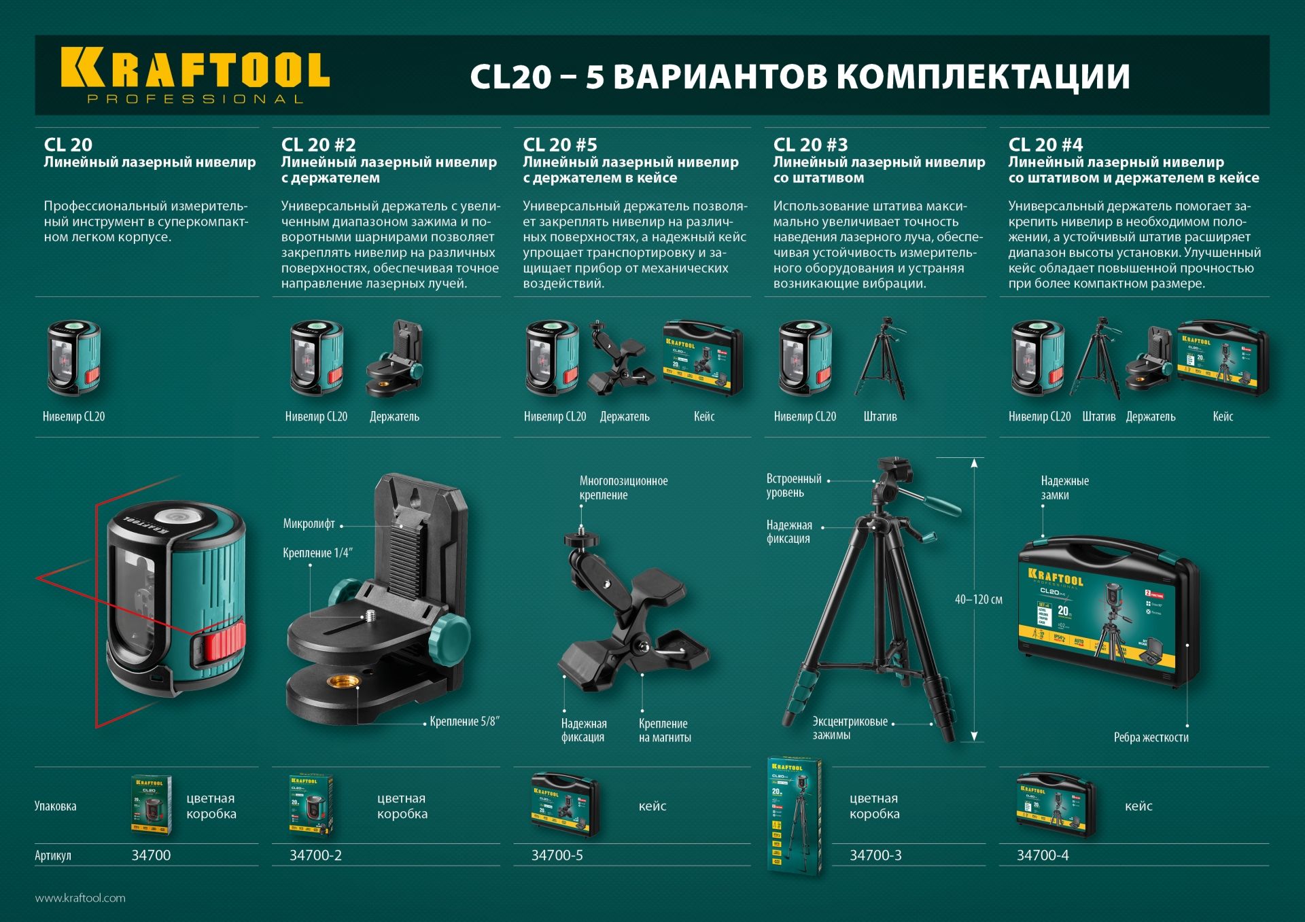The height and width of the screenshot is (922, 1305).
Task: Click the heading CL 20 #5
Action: point(559,145)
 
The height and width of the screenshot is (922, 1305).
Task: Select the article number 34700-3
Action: point(875,855)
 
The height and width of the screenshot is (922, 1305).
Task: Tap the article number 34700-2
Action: point(315,855)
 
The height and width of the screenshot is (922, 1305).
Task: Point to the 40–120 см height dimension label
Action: point(978,600)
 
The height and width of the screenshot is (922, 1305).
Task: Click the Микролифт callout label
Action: point(309,524)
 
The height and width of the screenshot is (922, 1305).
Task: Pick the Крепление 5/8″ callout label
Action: point(464,722)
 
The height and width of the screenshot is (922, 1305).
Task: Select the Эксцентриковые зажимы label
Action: point(850,728)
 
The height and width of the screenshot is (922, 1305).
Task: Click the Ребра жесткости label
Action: point(1151,737)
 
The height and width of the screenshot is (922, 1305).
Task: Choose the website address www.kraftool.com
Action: point(80,898)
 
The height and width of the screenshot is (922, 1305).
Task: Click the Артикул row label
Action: point(53,855)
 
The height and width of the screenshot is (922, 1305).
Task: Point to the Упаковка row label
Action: point(55,806)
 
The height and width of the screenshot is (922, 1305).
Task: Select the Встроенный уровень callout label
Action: point(793,486)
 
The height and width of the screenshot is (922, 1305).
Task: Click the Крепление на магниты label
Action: point(664,730)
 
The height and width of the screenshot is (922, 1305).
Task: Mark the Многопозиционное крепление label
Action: point(623,488)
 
